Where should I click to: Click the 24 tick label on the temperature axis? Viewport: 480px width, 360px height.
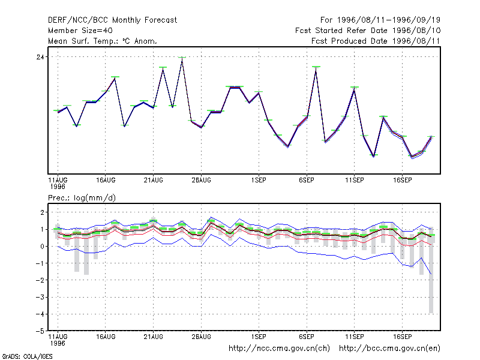[x=40, y=57]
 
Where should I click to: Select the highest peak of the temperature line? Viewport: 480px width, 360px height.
[x=182, y=58]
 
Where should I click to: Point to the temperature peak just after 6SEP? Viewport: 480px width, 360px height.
[x=316, y=68]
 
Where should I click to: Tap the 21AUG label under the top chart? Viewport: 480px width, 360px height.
[x=153, y=180]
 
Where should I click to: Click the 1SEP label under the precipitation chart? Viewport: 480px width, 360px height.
[x=259, y=337]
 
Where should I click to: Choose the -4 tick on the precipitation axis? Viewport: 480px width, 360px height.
[x=40, y=314]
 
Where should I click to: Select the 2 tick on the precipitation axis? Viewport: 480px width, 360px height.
[x=42, y=212]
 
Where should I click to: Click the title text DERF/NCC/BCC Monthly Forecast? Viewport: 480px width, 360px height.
[x=112, y=20]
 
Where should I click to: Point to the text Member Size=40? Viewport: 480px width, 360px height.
[x=80, y=31]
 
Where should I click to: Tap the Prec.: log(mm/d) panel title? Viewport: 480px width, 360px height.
[x=82, y=198]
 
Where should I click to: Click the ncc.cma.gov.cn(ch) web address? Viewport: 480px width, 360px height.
[x=279, y=349]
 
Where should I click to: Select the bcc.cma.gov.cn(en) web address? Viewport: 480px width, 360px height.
[x=389, y=349]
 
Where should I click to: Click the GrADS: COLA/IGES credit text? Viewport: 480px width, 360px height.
[x=27, y=356]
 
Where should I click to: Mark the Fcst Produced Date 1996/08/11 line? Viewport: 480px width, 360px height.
[x=376, y=41]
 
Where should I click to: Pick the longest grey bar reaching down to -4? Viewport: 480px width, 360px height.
[x=431, y=270]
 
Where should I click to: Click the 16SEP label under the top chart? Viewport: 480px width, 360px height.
[x=402, y=180]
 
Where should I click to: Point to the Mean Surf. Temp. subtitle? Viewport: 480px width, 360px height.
[x=103, y=41]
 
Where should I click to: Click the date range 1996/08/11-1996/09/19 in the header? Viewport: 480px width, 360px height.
[x=389, y=20]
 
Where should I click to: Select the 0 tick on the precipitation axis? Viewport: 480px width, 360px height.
[x=42, y=247]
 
